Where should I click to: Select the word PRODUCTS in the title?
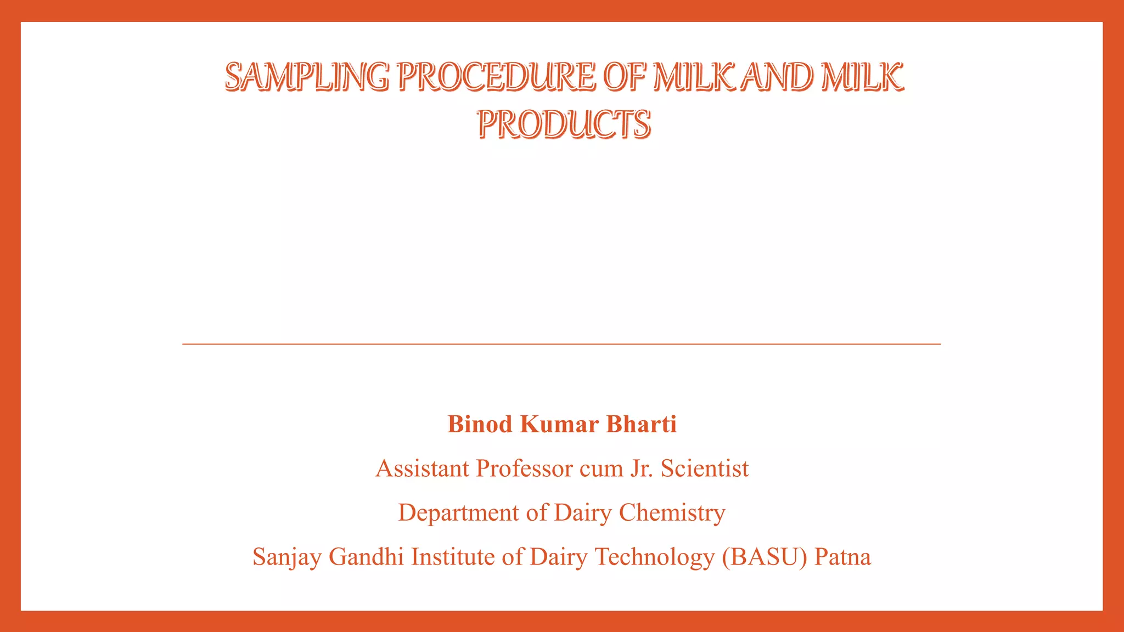pos(564,124)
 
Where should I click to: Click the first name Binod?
pos(480,424)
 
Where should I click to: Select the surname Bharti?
pos(641,424)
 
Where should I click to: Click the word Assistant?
pos(422,469)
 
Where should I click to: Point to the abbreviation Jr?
pos(641,469)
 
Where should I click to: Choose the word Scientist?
pos(705,469)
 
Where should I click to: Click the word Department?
pos(458,513)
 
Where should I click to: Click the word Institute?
pos(453,557)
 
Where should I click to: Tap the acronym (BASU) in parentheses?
pos(765,557)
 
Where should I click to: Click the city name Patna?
pos(842,557)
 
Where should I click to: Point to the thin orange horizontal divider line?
pos(561,344)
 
